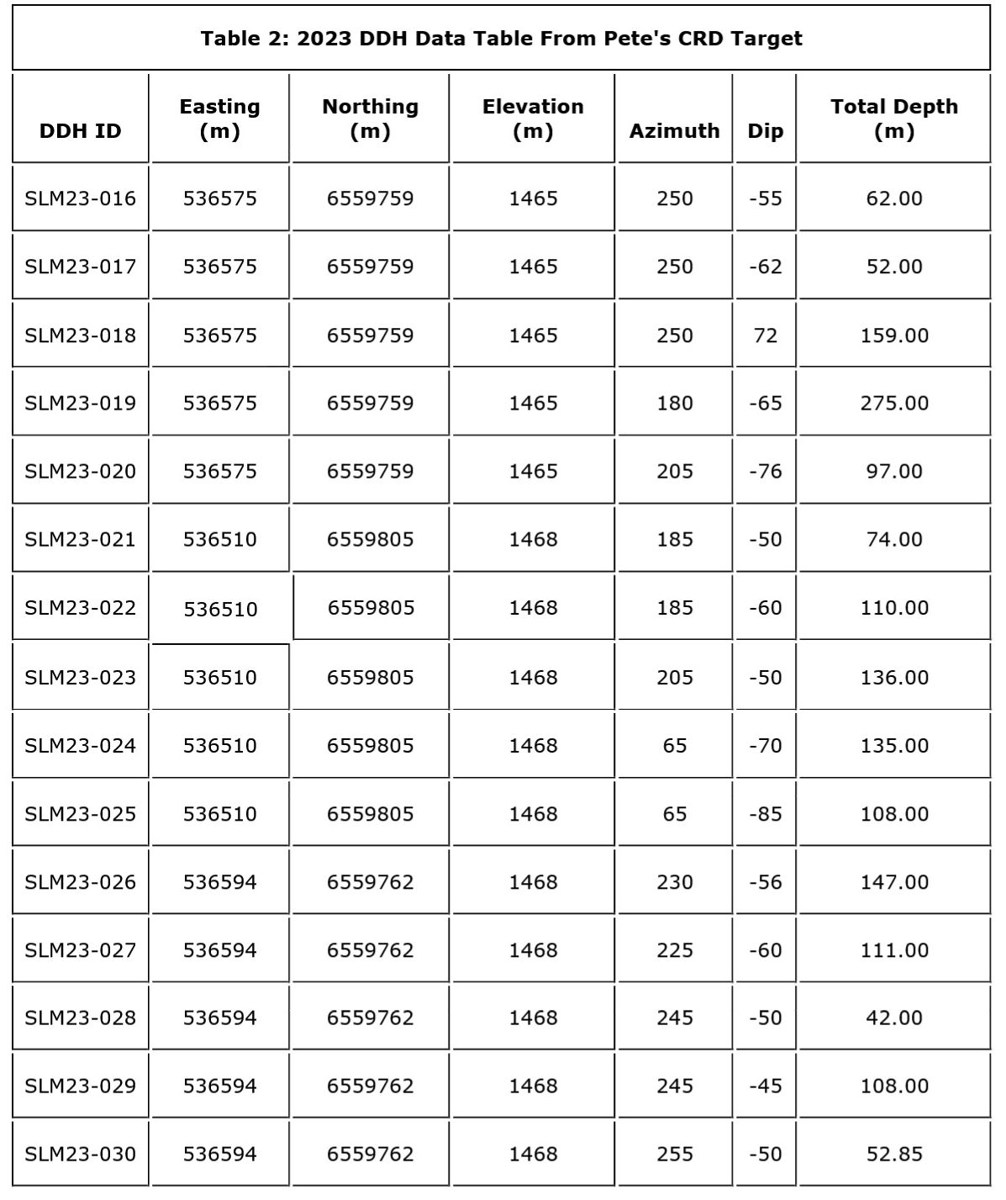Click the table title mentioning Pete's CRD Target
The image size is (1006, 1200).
point(501,39)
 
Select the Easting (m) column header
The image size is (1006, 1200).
point(219,119)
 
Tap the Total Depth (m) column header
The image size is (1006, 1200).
point(893,119)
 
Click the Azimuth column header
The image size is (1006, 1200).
point(674,131)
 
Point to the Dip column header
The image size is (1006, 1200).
point(765,131)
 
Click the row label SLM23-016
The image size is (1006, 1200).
point(80,198)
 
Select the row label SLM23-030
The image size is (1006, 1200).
point(80,1154)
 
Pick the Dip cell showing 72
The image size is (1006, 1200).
point(765,336)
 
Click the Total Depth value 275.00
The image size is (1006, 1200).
point(894,404)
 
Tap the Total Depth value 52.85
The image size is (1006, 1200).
point(894,1154)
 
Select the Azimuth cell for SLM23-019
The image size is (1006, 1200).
point(674,404)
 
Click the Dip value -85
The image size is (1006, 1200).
point(765,814)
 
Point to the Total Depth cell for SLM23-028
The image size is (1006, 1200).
point(894,1018)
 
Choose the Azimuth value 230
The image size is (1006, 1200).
point(674,882)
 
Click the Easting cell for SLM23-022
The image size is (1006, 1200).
point(220,609)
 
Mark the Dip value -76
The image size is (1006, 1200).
point(765,472)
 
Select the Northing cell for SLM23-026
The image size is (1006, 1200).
point(370,882)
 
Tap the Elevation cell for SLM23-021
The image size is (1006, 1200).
point(533,540)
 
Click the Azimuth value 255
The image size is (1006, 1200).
point(674,1154)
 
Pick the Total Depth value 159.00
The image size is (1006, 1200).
point(894,336)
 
